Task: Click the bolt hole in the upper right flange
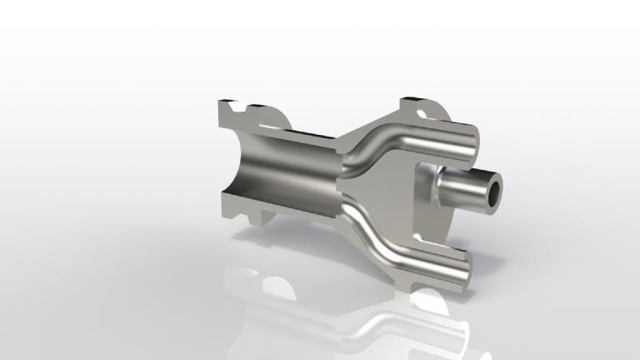[427, 109]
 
